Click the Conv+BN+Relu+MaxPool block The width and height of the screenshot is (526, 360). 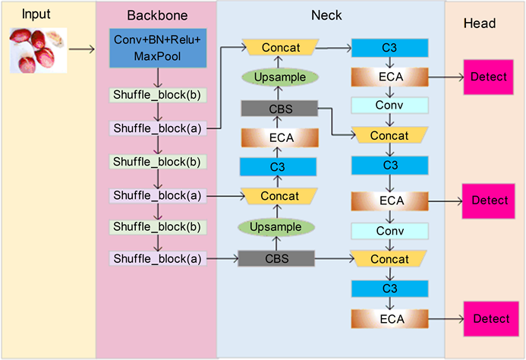point(159,49)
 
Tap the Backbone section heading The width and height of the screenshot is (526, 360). point(156,16)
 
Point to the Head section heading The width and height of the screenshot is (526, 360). point(479,24)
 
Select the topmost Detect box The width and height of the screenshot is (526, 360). point(490,78)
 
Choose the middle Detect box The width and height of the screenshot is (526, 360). point(490,201)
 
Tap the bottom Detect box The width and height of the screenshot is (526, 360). point(490,319)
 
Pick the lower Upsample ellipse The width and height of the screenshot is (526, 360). point(276,226)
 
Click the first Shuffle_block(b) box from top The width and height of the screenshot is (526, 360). point(158,96)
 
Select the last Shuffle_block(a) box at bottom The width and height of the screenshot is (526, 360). point(158,259)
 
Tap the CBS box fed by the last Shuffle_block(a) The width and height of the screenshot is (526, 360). point(276,259)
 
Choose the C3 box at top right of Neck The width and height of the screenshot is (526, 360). point(390,48)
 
